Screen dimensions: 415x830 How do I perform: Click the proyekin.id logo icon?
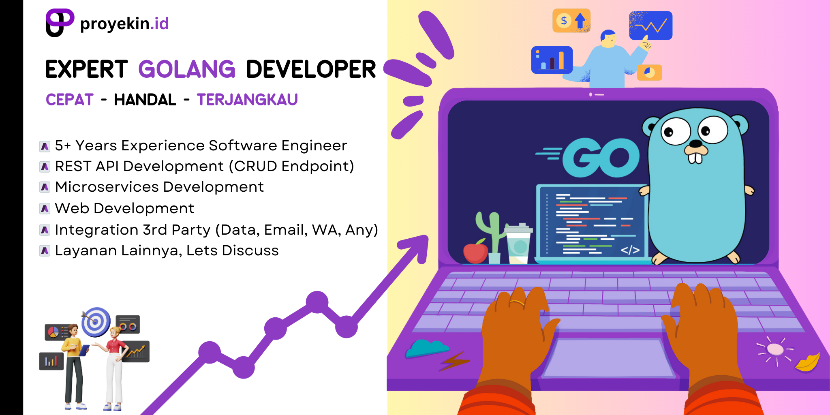[59, 23]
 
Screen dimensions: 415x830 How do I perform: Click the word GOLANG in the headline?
[187, 69]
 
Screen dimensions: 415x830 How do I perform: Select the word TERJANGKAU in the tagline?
[247, 100]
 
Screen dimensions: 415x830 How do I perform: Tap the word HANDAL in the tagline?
[145, 100]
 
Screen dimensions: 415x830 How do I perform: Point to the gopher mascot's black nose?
[696, 143]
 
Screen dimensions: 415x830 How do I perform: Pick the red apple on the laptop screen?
[475, 252]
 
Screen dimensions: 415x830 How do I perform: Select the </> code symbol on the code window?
[630, 250]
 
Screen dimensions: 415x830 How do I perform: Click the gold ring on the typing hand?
[517, 303]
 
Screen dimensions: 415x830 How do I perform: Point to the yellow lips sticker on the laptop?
[807, 362]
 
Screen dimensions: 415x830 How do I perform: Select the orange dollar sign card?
[571, 21]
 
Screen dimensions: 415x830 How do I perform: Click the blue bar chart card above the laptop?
[552, 60]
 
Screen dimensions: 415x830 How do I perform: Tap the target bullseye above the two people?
[96, 322]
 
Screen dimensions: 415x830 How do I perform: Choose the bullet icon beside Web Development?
[45, 209]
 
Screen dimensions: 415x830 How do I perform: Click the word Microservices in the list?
[107, 187]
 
